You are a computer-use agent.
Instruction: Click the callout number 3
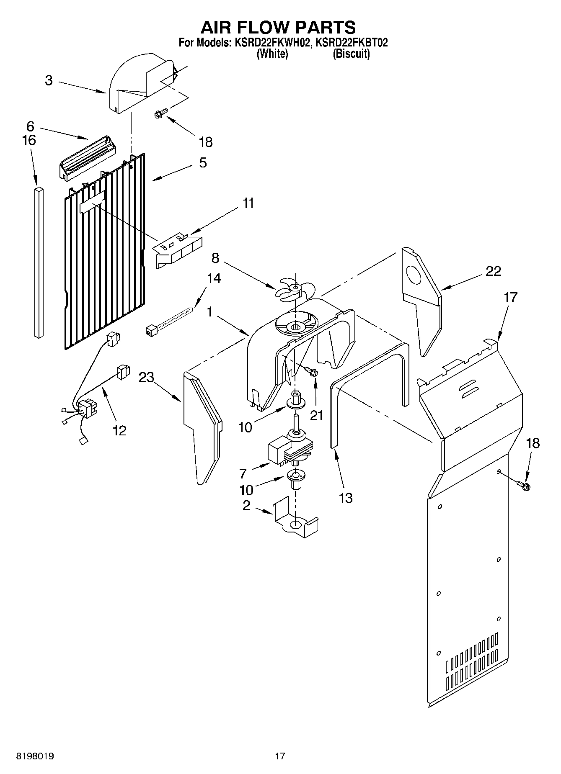click(49, 80)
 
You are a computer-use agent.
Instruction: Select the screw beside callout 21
click(311, 370)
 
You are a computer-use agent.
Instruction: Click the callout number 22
click(493, 271)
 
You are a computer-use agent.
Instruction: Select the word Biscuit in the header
click(351, 54)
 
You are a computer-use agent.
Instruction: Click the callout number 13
click(346, 498)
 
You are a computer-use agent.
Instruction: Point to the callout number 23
click(147, 377)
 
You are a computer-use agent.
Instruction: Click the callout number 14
click(214, 278)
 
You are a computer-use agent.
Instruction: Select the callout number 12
click(119, 430)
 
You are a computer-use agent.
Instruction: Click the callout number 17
click(510, 298)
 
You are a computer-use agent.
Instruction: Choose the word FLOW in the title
click(278, 27)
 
